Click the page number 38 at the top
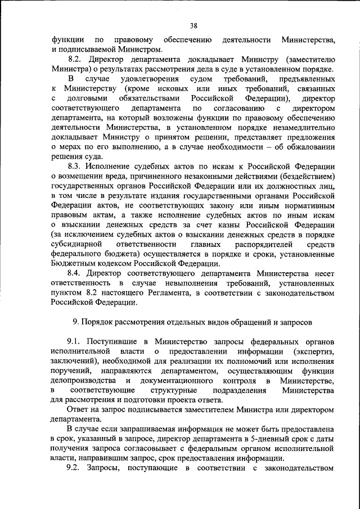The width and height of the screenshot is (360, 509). point(193,25)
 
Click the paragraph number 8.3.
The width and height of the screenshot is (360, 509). point(75,166)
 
